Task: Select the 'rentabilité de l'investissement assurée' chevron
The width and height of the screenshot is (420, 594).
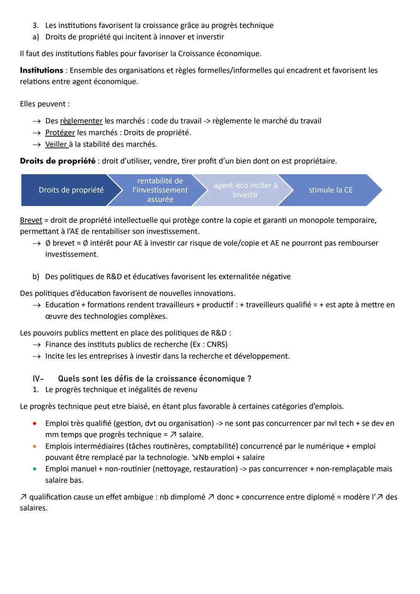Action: (160, 190)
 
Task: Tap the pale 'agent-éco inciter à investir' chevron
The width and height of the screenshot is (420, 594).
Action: (245, 190)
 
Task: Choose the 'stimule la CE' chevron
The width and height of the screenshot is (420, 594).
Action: (331, 190)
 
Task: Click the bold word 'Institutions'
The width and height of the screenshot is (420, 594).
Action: (42, 70)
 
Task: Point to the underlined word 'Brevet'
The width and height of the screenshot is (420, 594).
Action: (31, 220)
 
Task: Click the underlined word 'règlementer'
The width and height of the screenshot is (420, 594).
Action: (81, 121)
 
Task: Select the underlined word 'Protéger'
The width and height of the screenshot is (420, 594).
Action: (60, 133)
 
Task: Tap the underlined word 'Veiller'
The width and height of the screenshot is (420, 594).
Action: (56, 144)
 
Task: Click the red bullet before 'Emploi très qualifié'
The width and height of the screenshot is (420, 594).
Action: (35, 423)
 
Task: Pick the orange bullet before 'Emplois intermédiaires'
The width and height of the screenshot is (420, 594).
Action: (35, 446)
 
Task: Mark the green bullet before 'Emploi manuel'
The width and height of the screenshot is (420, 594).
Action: (35, 469)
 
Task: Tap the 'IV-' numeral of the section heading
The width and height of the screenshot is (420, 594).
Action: (38, 378)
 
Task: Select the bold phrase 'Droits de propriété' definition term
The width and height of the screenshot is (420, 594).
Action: (58, 161)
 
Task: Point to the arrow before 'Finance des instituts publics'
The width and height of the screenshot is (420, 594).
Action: (37, 345)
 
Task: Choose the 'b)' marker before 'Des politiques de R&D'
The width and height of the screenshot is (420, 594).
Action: (36, 277)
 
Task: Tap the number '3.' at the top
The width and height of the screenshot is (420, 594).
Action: (35, 25)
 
